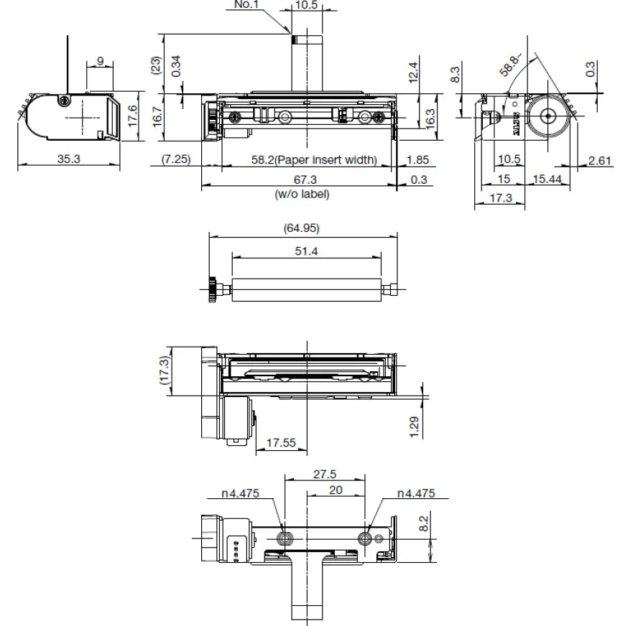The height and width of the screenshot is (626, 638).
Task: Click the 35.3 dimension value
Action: point(69,159)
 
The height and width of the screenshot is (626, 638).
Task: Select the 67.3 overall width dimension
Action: point(301,179)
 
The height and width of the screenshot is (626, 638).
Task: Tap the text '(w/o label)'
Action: point(302,194)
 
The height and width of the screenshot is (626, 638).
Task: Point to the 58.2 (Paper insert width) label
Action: point(313,159)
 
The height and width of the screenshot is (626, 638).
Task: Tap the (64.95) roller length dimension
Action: point(302,228)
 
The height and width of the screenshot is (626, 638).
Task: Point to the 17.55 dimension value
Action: point(281,444)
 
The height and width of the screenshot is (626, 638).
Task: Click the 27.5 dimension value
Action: point(324,474)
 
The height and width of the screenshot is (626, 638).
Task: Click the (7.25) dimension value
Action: point(175,159)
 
